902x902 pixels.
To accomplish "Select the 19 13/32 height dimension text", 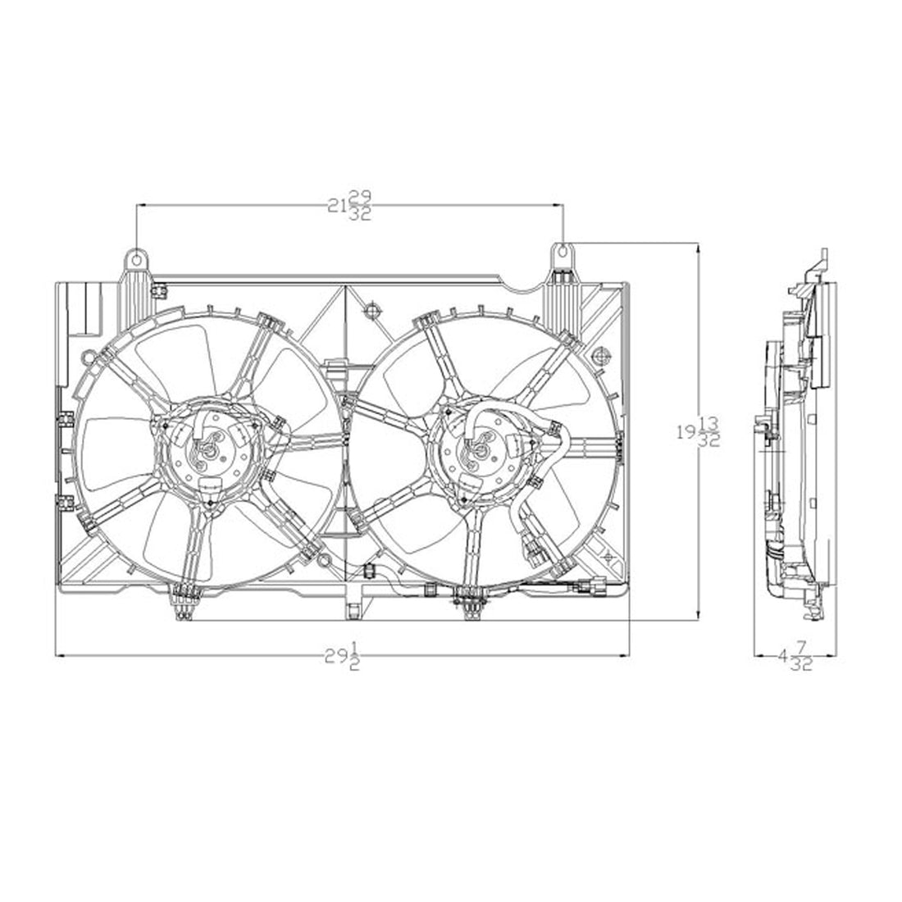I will tap(699, 430).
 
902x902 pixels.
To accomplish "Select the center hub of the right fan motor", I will tap(480, 448).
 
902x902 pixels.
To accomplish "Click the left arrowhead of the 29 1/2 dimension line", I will tap(59, 654).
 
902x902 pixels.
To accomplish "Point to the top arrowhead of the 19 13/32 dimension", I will tap(697, 247).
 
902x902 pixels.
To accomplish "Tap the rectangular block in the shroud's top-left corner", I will tap(84, 307).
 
